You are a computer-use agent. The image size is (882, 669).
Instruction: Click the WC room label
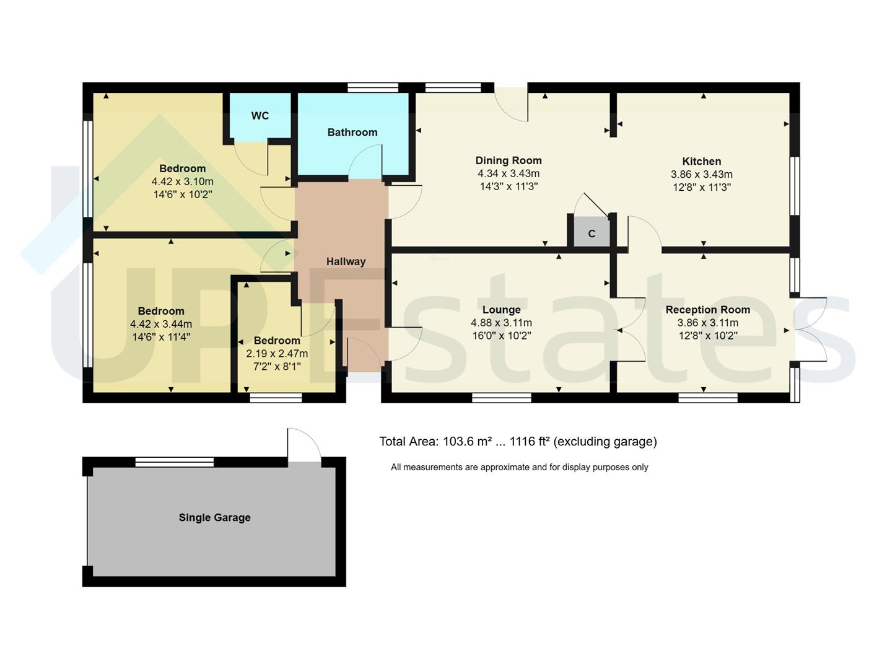pos(260,116)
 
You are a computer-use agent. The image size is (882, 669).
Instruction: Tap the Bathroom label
pos(352,132)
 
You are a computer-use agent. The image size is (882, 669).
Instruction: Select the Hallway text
pos(346,261)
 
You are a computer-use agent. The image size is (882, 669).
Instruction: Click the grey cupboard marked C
pos(592,234)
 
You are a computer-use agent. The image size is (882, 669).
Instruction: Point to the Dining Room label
pos(508,160)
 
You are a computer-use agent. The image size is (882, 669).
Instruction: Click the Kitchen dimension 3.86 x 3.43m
pos(701,174)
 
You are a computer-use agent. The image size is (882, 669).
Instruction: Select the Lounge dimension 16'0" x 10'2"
pos(501,336)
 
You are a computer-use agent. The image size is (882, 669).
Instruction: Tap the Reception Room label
pos(707,310)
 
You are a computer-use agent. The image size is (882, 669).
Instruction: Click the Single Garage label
pos(214,517)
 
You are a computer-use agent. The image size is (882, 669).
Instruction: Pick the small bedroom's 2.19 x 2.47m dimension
pos(277,354)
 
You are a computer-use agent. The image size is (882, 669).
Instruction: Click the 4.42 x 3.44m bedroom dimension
pos(161,324)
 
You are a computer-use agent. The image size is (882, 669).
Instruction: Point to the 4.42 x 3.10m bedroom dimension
pos(182,181)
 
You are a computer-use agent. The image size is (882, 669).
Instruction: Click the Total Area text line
pos(518,442)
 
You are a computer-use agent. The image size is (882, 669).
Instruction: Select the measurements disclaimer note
pos(519,467)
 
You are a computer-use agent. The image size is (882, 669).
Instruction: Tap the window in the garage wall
pos(175,461)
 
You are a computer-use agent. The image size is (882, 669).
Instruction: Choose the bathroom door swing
pos(365,162)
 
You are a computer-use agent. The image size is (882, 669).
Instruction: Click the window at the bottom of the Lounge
pos(501,398)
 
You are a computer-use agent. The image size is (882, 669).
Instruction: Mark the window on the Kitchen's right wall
pos(795,186)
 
